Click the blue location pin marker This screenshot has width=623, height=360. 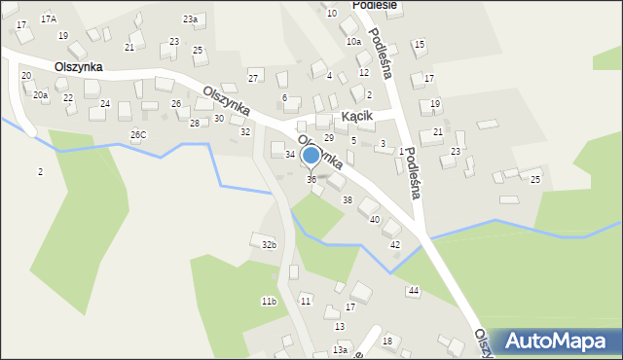point(311,155)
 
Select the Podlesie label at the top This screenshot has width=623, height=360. point(348,5)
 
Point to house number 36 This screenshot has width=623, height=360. point(311,179)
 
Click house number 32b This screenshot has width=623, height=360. point(269,245)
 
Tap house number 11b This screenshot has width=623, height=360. point(269,302)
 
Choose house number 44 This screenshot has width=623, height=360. point(414,291)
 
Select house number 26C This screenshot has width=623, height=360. point(138,134)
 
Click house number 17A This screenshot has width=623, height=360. point(49,19)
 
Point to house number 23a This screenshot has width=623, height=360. point(191,19)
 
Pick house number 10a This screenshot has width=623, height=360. point(352,42)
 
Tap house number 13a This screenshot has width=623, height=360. point(339,349)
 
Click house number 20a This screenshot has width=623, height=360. point(40,95)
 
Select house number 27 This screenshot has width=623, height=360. point(253,78)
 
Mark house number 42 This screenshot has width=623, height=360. point(394,244)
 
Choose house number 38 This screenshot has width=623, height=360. point(348,199)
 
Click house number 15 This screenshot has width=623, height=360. point(420,45)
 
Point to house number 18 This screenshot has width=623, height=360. point(386,341)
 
